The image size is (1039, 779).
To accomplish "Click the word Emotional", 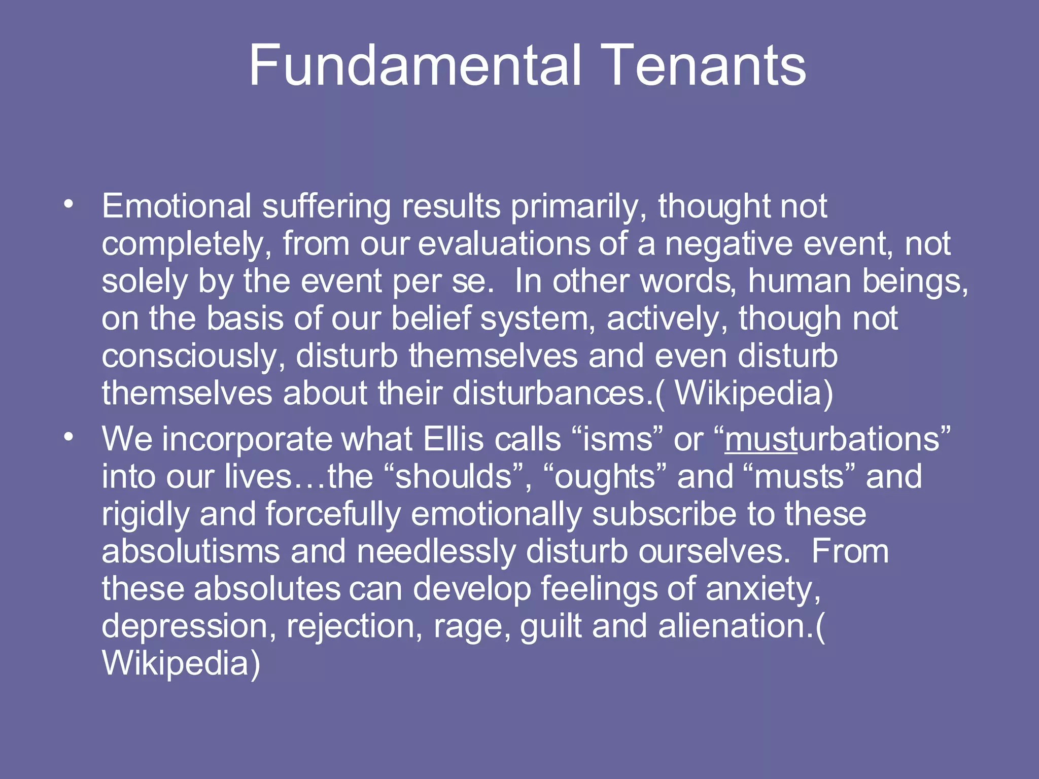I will (x=177, y=206).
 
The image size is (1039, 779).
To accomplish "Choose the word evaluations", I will (x=504, y=244).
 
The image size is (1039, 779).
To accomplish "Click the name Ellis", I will (x=453, y=439).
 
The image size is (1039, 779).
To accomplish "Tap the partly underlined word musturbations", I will (x=832, y=439).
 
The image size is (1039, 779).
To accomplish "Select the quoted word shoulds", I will (x=454, y=477).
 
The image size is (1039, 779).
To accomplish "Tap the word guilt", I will (x=550, y=626).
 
